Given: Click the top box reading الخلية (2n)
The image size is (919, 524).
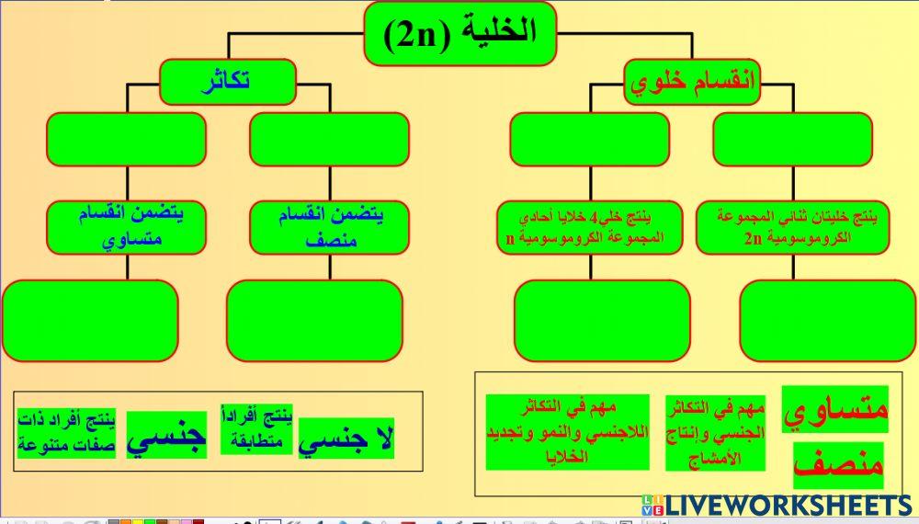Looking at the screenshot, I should (459, 33).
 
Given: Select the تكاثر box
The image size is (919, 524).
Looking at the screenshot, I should (227, 82).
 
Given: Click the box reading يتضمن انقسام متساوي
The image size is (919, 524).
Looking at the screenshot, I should (128, 227).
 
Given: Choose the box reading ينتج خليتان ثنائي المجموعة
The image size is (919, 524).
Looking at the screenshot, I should (794, 227).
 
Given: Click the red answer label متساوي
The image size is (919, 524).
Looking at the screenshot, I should (834, 410).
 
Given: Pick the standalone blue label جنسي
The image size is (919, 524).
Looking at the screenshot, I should (165, 434).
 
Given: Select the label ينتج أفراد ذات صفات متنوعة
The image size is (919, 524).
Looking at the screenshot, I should (67, 434).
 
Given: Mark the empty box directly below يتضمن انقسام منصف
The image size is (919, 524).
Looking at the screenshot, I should (314, 320).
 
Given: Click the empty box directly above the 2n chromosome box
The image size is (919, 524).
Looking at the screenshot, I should (792, 140).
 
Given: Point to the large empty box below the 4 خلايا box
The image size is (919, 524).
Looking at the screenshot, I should (601, 320).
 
